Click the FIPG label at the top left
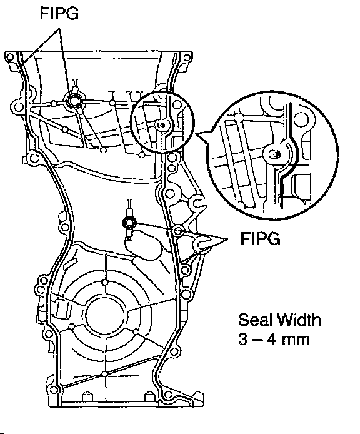[x=59, y=14]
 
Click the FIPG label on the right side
[x=261, y=238]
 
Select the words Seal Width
[x=279, y=320]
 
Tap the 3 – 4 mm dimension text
[x=274, y=340]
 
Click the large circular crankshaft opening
[x=106, y=316]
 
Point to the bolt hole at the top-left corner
[x=10, y=58]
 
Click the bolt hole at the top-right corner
[x=187, y=58]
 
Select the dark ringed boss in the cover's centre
[x=129, y=222]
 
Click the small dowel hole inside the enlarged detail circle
[x=276, y=154]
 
